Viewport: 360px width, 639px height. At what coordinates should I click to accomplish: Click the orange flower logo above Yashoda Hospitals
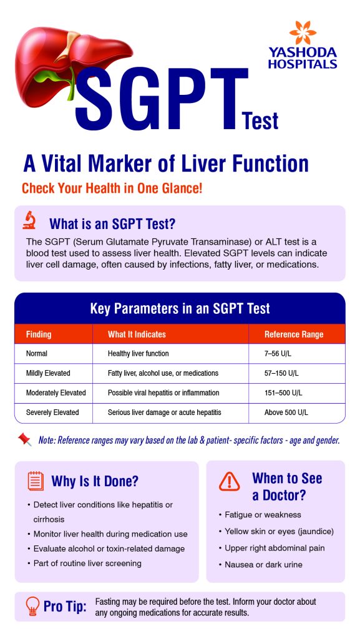[303, 32]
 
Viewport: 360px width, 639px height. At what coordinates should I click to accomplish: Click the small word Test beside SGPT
[260, 121]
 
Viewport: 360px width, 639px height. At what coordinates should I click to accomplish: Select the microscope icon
[29, 220]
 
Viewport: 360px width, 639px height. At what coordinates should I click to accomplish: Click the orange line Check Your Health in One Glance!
[112, 188]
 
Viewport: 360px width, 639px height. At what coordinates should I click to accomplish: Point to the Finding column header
[39, 334]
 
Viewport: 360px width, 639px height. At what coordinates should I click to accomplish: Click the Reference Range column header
[294, 334]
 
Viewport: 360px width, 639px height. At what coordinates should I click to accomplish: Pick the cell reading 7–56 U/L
[278, 353]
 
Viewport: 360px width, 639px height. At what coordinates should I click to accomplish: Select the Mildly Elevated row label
[48, 373]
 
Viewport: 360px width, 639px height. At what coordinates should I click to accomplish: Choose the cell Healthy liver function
[138, 353]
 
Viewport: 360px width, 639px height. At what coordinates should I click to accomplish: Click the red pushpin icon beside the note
[24, 439]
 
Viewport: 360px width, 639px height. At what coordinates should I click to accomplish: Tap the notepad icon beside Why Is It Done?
[36, 480]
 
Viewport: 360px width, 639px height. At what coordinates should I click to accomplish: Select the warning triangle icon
[229, 481]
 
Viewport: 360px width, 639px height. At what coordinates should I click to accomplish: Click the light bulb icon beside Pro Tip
[32, 606]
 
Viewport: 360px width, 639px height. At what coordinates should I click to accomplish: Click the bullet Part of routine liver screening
[85, 563]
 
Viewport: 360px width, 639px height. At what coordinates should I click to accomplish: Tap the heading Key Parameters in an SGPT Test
[180, 308]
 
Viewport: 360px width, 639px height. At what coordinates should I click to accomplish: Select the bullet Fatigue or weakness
[260, 515]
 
